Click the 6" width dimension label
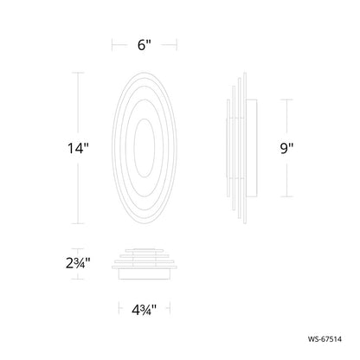pos(144,45)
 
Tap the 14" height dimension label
pos(78,148)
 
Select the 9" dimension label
pos(286,148)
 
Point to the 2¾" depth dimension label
pos(78,263)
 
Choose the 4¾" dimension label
pos(144,310)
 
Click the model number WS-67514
pos(325,339)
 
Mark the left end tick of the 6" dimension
pos(112,45)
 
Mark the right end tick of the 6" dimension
pos(177,45)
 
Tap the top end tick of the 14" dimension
pos(78,73)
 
